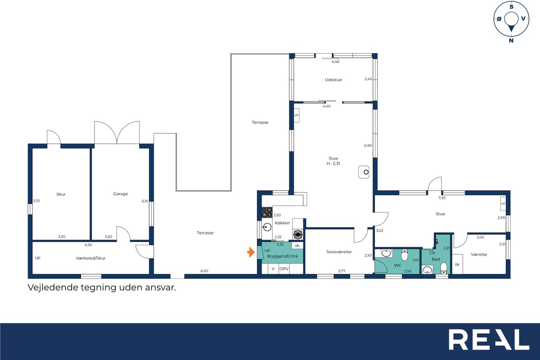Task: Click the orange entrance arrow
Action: coord(251,252)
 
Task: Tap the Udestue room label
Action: coord(333,80)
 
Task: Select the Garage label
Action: coord(120,194)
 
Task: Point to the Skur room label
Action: coord(61,194)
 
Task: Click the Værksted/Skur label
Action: coord(90,258)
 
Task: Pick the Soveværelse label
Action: coord(339,252)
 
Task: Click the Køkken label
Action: coord(282,223)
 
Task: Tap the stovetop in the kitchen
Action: coord(267,212)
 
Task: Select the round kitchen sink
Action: coord(267,227)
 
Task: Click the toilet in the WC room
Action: coord(404,255)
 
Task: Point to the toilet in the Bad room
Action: coord(443,268)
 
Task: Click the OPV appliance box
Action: coord(284,269)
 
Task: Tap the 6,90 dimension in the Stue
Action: coord(367,146)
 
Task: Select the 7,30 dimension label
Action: coord(442,198)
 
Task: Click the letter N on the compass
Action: coord(511,41)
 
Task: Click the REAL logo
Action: coord(489,339)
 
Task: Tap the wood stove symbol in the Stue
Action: coord(364,172)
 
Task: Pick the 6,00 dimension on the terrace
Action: coord(204,271)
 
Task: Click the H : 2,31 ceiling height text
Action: coord(333,163)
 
